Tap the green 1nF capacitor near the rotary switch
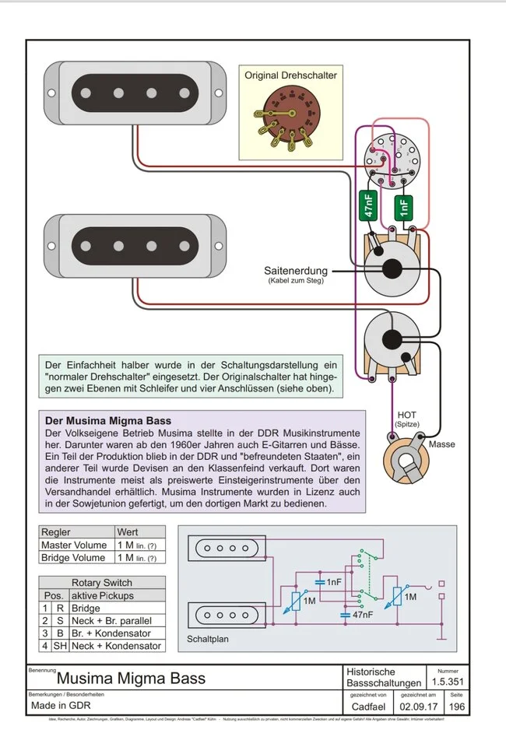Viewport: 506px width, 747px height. [x=403, y=207]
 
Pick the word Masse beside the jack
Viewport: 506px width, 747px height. [x=441, y=444]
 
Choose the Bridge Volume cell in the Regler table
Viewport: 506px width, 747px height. [x=75, y=557]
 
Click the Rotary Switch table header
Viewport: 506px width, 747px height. [x=101, y=582]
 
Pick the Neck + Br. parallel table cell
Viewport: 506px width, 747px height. [x=111, y=620]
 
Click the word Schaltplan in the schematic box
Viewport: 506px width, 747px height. [x=208, y=640]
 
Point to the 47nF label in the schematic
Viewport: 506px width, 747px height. [x=360, y=614]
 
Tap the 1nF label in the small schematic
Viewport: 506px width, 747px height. [x=333, y=581]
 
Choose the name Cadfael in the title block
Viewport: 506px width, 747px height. [x=367, y=707]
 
